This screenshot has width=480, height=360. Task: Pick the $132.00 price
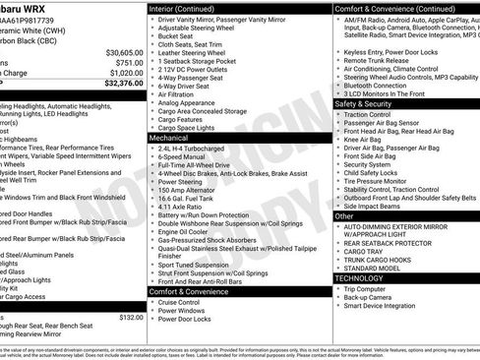tap(131, 318)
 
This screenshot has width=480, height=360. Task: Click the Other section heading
tap(345, 215)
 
